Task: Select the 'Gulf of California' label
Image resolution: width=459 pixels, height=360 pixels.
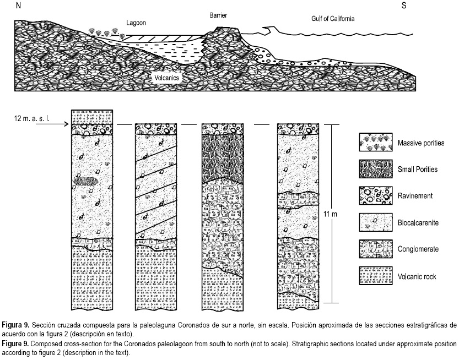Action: (x=329, y=18)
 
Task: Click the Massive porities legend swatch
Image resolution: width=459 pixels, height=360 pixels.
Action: (x=374, y=143)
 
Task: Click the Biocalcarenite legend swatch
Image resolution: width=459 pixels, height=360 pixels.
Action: (x=374, y=222)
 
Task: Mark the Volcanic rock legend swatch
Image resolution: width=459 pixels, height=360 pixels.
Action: (x=374, y=275)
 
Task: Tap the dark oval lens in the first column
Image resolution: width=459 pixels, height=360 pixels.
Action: (x=87, y=181)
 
